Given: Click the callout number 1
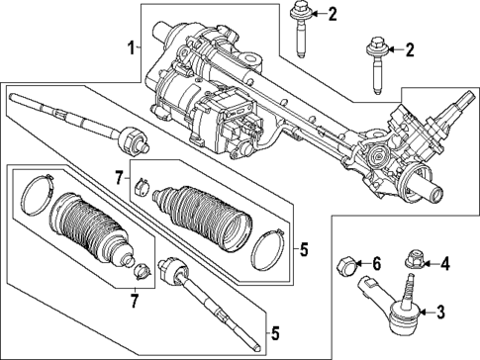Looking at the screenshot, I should click(x=130, y=46).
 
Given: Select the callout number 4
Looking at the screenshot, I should click(x=444, y=263).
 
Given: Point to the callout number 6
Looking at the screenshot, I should click(x=375, y=263).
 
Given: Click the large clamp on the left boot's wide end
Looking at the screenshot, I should click(x=38, y=196).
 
